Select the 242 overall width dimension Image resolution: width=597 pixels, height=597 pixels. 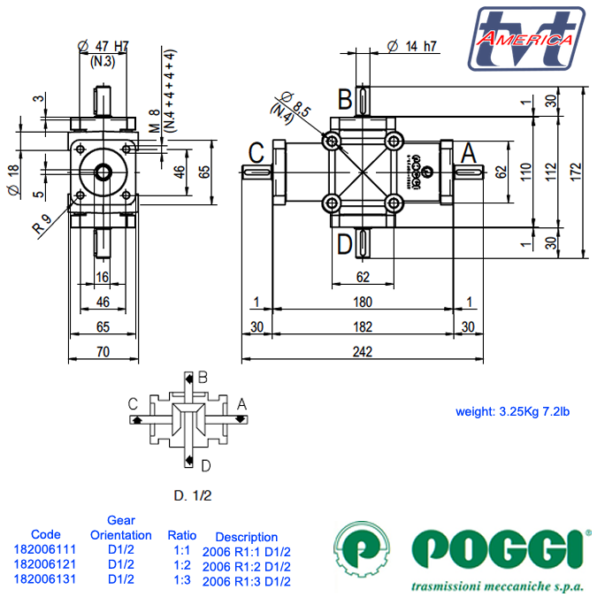pyautogui.click(x=362, y=351)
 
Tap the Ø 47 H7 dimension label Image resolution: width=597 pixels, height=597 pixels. pyautogui.click(x=103, y=46)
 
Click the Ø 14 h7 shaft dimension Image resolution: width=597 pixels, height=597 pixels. pyautogui.click(x=412, y=47)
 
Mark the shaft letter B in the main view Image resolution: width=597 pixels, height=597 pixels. pyautogui.click(x=345, y=97)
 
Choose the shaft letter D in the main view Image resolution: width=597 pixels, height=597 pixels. pyautogui.click(x=345, y=241)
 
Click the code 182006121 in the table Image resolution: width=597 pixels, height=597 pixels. pyautogui.click(x=45, y=564)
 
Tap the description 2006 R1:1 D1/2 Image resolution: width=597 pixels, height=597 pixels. pyautogui.click(x=246, y=551)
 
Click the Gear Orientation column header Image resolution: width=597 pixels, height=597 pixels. pyautogui.click(x=121, y=528)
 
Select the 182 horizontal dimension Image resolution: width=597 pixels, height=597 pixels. pyautogui.click(x=362, y=326)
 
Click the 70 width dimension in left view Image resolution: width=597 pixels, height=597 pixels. pyautogui.click(x=103, y=351)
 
